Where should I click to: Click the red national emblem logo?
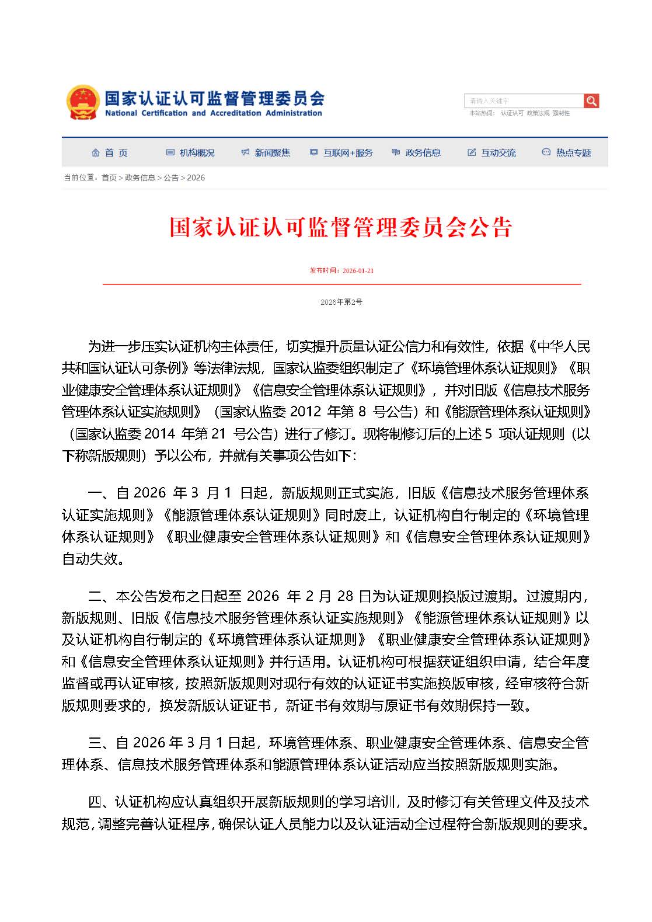(x=82, y=103)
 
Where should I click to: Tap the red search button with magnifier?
(x=591, y=101)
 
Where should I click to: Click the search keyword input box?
(x=524, y=101)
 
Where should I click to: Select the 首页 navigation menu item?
(x=110, y=153)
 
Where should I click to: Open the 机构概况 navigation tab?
(x=191, y=153)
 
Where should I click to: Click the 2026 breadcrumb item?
(x=196, y=178)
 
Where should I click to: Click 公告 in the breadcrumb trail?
(x=171, y=178)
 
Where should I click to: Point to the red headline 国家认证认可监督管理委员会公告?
(x=340, y=227)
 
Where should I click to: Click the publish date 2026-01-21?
(x=358, y=271)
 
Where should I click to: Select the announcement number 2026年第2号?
(x=341, y=302)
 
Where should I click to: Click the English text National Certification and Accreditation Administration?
(x=214, y=113)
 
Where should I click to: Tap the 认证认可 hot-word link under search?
(x=512, y=113)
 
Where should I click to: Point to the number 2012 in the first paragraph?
(x=306, y=412)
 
